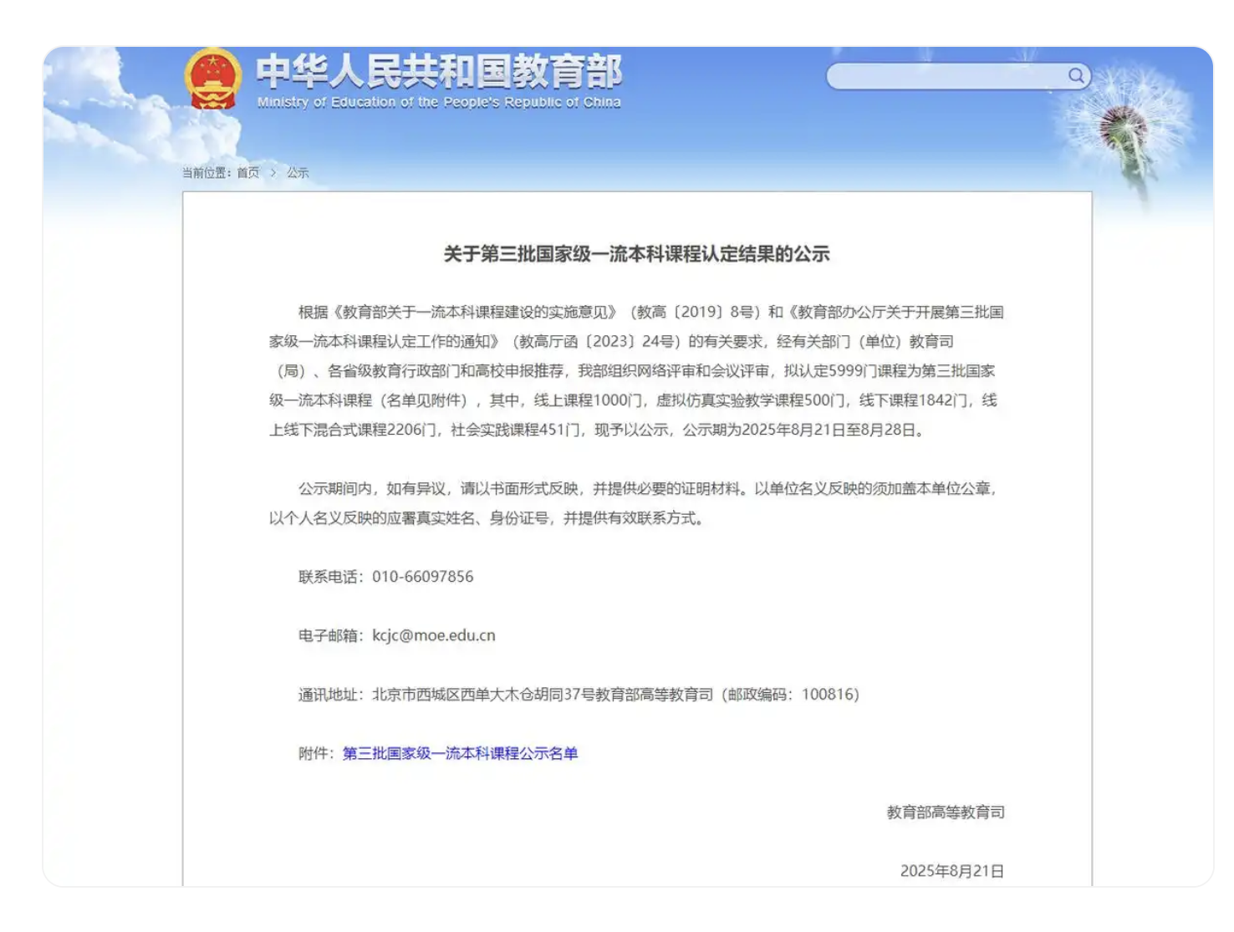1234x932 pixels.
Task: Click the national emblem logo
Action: click(213, 79)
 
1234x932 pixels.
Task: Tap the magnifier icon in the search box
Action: click(1076, 76)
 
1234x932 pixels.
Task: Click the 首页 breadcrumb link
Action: click(248, 173)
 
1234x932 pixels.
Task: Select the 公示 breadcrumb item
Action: click(298, 173)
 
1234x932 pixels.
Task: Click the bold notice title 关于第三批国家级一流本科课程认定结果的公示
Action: click(636, 254)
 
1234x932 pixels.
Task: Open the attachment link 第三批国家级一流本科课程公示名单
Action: click(460, 753)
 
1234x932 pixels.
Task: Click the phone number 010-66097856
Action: click(423, 577)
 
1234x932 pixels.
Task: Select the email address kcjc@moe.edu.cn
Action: click(434, 635)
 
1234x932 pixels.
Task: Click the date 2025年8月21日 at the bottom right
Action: click(951, 871)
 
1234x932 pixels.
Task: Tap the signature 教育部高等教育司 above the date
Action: click(946, 812)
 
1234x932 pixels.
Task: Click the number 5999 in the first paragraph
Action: click(845, 371)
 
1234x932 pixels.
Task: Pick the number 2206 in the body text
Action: click(410, 430)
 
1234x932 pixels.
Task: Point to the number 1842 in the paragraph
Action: click(936, 400)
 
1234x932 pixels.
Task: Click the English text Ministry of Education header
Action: click(439, 102)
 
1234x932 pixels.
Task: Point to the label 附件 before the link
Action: click(314, 753)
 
